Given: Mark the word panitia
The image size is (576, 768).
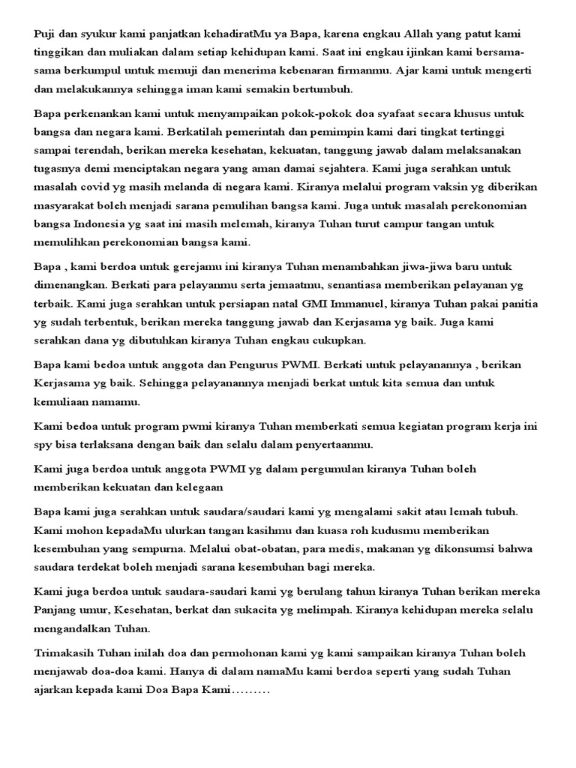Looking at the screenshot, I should click(518, 304).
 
